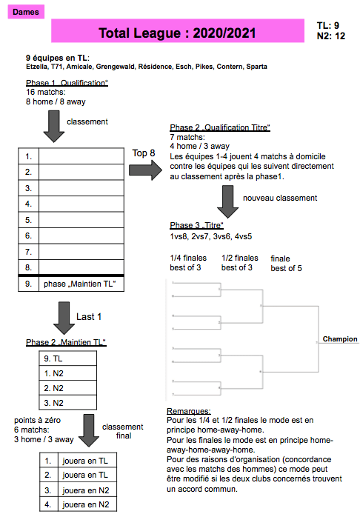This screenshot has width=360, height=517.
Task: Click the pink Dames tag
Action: (26, 12)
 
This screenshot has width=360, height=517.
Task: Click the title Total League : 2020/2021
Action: (177, 33)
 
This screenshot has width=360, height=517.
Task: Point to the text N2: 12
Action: (331, 36)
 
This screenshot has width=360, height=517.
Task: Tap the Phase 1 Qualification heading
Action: (67, 83)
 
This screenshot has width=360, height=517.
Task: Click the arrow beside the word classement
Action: (54, 126)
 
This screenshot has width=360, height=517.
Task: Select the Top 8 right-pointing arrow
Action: (145, 170)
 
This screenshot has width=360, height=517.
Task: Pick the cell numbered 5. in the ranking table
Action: (29, 220)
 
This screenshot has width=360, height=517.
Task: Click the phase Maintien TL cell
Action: (81, 284)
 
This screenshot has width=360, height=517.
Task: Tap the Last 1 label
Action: (89, 317)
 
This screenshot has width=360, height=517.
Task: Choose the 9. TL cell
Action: (68, 358)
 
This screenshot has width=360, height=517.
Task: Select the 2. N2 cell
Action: (68, 388)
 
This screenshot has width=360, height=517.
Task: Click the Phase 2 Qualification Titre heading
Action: (220, 127)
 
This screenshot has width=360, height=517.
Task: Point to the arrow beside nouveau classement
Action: (228, 201)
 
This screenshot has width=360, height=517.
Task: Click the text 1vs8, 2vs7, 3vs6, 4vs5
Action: (211, 236)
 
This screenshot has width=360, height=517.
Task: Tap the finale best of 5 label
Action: (286, 264)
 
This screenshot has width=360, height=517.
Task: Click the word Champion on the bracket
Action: (340, 339)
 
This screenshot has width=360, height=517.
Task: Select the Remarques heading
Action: (189, 411)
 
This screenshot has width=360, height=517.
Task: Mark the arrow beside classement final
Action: (89, 430)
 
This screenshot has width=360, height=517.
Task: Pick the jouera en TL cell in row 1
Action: (87, 461)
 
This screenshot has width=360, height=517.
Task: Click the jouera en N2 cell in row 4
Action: (87, 504)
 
